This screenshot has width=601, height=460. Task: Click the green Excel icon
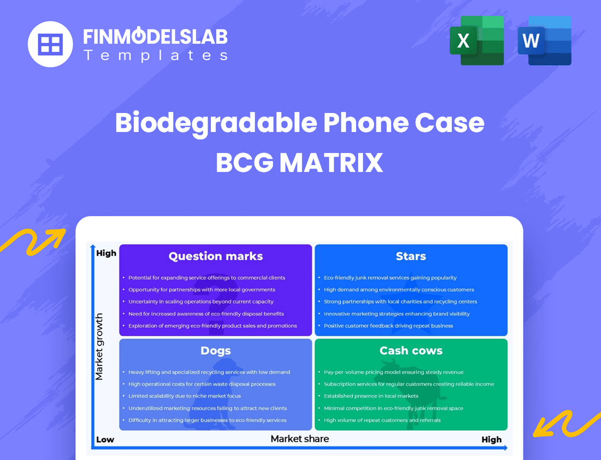click(x=476, y=40)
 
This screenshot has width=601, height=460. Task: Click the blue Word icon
click(x=544, y=40)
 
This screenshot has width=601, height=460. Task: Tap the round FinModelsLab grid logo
click(x=50, y=44)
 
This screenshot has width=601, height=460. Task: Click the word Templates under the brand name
click(x=155, y=55)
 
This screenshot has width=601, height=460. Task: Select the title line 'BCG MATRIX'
click(x=299, y=163)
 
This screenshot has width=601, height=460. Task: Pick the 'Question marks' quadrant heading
click(x=216, y=256)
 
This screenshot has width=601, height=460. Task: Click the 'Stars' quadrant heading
click(x=411, y=256)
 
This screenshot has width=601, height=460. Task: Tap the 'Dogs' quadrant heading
click(x=216, y=351)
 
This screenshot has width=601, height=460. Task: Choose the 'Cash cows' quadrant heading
click(x=411, y=351)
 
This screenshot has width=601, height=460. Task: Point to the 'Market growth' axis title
click(x=99, y=347)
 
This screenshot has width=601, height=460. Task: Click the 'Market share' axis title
click(x=300, y=438)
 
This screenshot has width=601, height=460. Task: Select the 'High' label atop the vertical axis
click(x=106, y=253)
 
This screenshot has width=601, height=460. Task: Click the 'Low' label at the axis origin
click(x=105, y=439)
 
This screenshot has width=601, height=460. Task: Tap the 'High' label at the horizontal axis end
click(x=491, y=439)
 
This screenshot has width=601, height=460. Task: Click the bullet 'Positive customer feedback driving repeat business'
click(x=388, y=326)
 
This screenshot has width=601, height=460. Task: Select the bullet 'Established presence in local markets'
click(x=371, y=396)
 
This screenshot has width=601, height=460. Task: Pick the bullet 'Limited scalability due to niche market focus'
click(x=185, y=396)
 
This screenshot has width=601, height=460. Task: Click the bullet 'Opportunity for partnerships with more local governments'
click(x=202, y=290)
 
